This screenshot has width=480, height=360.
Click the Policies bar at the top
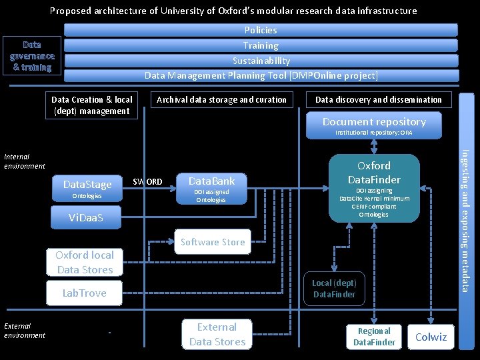point(261,30)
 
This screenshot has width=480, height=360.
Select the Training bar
point(261,45)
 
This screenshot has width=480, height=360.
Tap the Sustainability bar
point(261,61)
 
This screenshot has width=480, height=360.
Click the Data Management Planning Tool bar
point(261,75)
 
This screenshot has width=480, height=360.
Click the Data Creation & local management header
point(92,105)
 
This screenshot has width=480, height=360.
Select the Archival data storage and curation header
point(221,100)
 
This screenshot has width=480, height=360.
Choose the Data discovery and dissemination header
point(378,100)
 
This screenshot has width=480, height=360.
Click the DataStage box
point(87,188)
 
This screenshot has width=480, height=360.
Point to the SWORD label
point(147,181)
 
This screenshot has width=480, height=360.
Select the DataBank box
point(211,189)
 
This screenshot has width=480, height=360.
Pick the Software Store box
point(213,243)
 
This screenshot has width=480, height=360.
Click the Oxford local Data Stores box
point(84,262)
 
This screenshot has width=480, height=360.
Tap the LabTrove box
point(84,293)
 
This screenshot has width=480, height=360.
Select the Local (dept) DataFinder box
point(334,289)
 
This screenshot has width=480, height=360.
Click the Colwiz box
point(431,337)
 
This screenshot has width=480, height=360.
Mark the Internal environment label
point(25,161)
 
